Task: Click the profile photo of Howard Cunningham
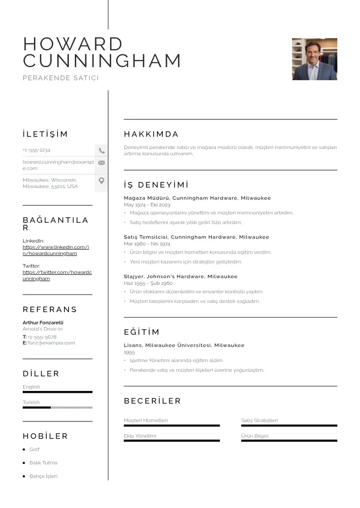click(x=314, y=59)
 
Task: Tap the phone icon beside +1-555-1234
click(x=102, y=151)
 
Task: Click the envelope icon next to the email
click(x=102, y=163)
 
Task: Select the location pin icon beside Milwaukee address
click(x=102, y=181)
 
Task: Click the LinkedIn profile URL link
click(x=55, y=250)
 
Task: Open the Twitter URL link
click(x=57, y=275)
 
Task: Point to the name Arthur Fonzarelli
click(x=43, y=322)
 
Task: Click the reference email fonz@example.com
click(x=51, y=343)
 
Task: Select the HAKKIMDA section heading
click(x=151, y=134)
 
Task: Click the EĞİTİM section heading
click(x=141, y=332)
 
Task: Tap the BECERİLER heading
click(x=152, y=401)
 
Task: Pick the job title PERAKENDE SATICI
click(x=61, y=78)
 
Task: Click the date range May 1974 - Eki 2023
click(x=147, y=205)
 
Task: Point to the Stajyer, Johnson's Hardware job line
click(x=180, y=276)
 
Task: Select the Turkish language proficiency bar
click(x=58, y=407)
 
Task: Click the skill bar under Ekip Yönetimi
click(x=171, y=440)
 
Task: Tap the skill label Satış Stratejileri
click(x=259, y=420)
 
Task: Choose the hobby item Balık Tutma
click(x=43, y=463)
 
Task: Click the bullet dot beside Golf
click(x=24, y=449)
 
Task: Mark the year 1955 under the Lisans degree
click(x=129, y=352)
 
